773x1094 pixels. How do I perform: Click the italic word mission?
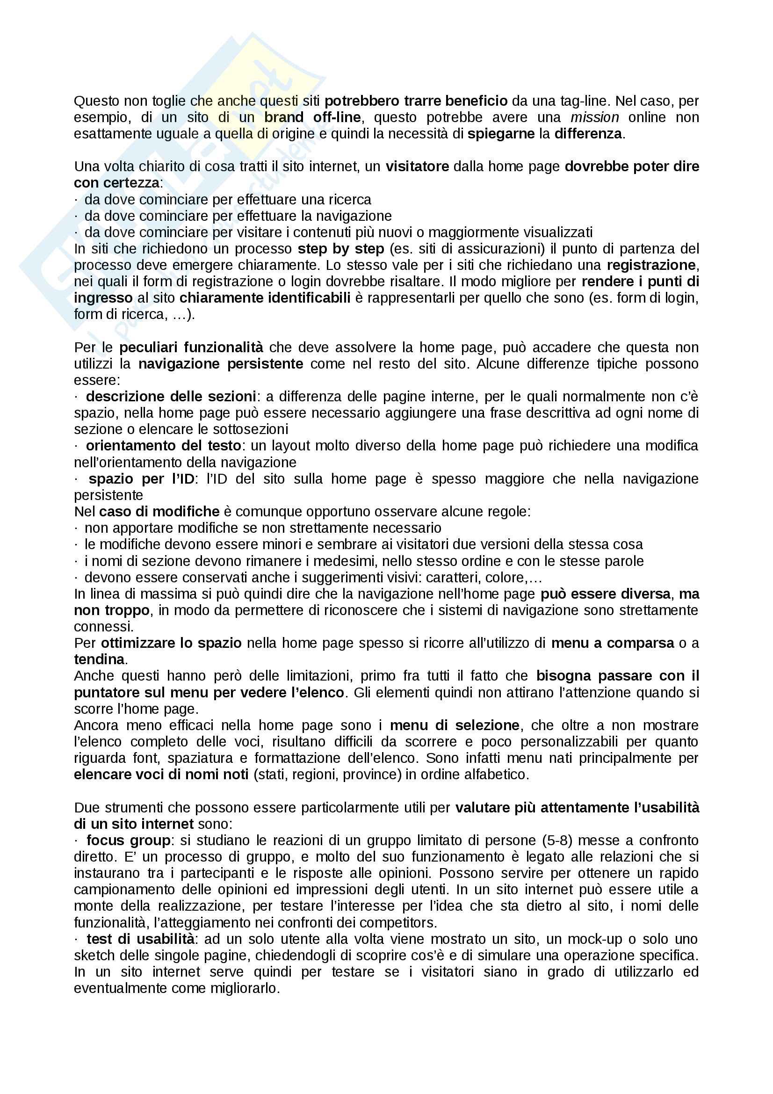pyautogui.click(x=594, y=117)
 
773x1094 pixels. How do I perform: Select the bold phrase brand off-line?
pyautogui.click(x=312, y=117)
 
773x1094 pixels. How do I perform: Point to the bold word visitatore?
pyautogui.click(x=417, y=167)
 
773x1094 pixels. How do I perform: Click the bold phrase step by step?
pyautogui.click(x=340, y=249)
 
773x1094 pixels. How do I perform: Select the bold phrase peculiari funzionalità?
pyautogui.click(x=191, y=348)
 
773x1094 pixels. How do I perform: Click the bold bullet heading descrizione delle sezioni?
pyautogui.click(x=171, y=397)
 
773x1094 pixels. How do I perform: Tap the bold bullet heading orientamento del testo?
pyautogui.click(x=163, y=446)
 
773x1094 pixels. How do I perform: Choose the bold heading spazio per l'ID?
pyautogui.click(x=141, y=478)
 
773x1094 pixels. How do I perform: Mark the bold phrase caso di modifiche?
pyautogui.click(x=159, y=511)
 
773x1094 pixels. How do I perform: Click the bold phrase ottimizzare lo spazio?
pyautogui.click(x=171, y=643)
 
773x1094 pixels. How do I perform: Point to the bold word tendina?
pyautogui.click(x=99, y=659)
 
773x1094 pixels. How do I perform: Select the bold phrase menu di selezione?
pyautogui.click(x=455, y=725)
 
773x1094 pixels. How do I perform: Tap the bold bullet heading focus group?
pyautogui.click(x=128, y=840)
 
